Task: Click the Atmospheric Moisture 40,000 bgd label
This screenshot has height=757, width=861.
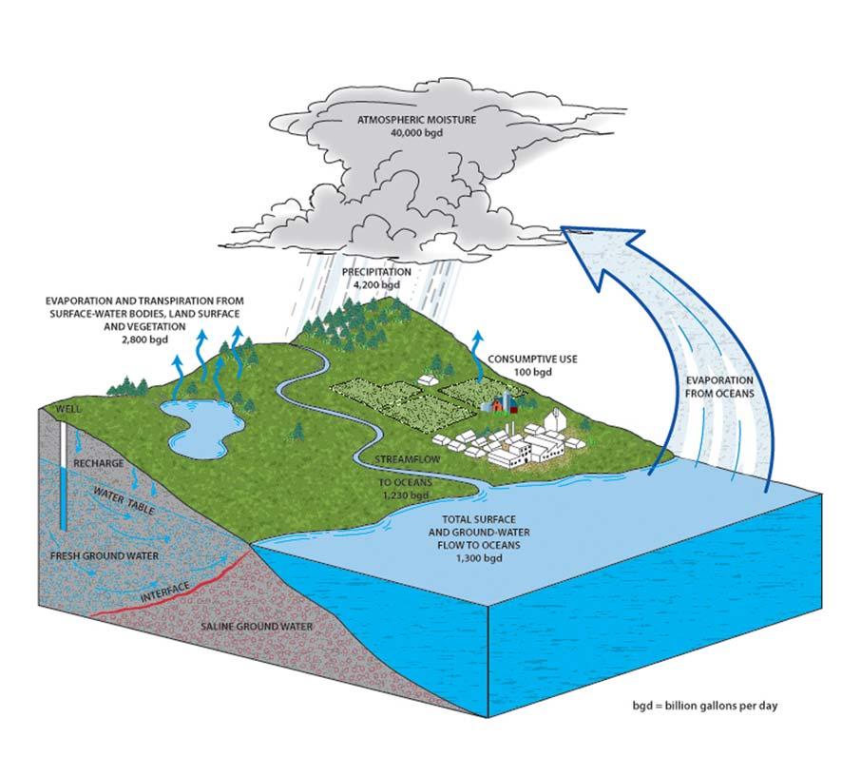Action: (x=401, y=127)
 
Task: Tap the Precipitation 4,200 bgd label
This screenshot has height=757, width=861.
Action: (x=377, y=277)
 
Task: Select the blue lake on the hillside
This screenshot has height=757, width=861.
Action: (x=200, y=423)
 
